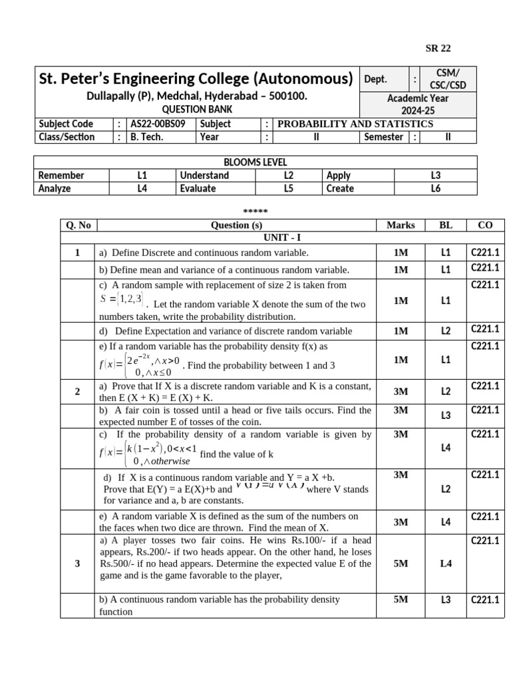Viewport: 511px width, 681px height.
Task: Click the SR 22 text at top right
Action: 438,48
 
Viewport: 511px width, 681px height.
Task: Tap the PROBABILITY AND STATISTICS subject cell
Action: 355,124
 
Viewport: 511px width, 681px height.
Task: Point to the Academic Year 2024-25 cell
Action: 418,104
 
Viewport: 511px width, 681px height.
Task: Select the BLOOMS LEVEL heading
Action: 255,162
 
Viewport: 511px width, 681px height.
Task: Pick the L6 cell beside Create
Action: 435,188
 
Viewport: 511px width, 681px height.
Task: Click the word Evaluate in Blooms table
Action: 198,188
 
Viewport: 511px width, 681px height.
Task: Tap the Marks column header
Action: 401,225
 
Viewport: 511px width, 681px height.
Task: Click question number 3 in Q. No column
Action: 77,563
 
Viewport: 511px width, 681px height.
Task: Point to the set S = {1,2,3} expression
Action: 122,299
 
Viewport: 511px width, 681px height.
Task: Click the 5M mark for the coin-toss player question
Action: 401,563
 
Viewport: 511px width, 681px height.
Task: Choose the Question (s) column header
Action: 236,225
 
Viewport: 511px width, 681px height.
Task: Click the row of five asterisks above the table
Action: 255,211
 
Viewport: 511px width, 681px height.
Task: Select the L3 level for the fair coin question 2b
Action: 446,416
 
